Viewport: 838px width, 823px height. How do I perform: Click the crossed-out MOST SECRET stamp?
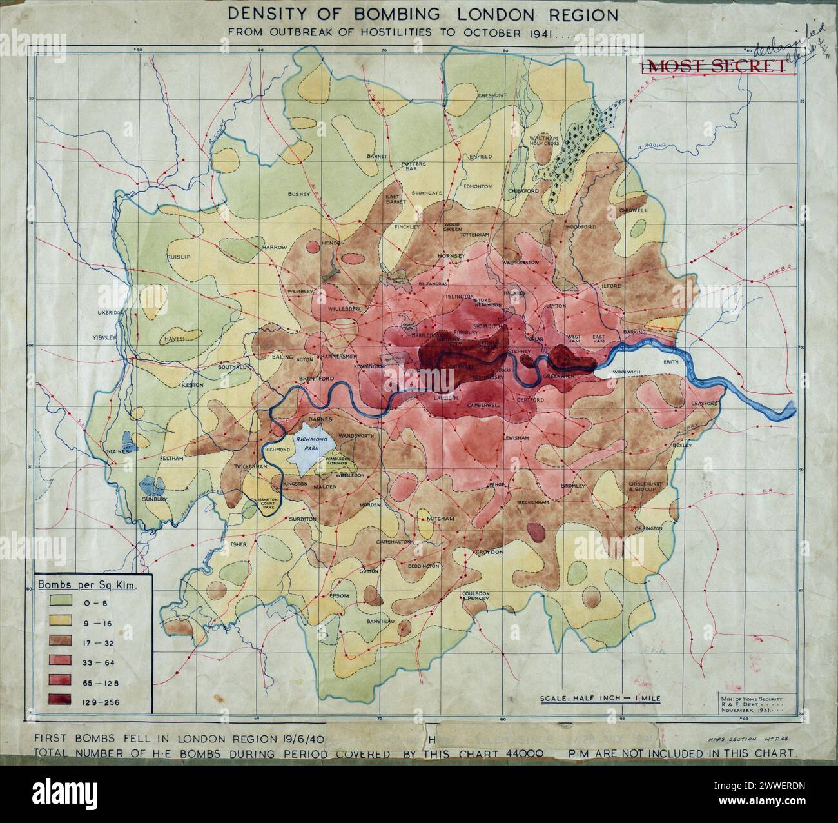point(716,66)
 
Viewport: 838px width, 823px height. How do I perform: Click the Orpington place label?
point(648,528)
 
